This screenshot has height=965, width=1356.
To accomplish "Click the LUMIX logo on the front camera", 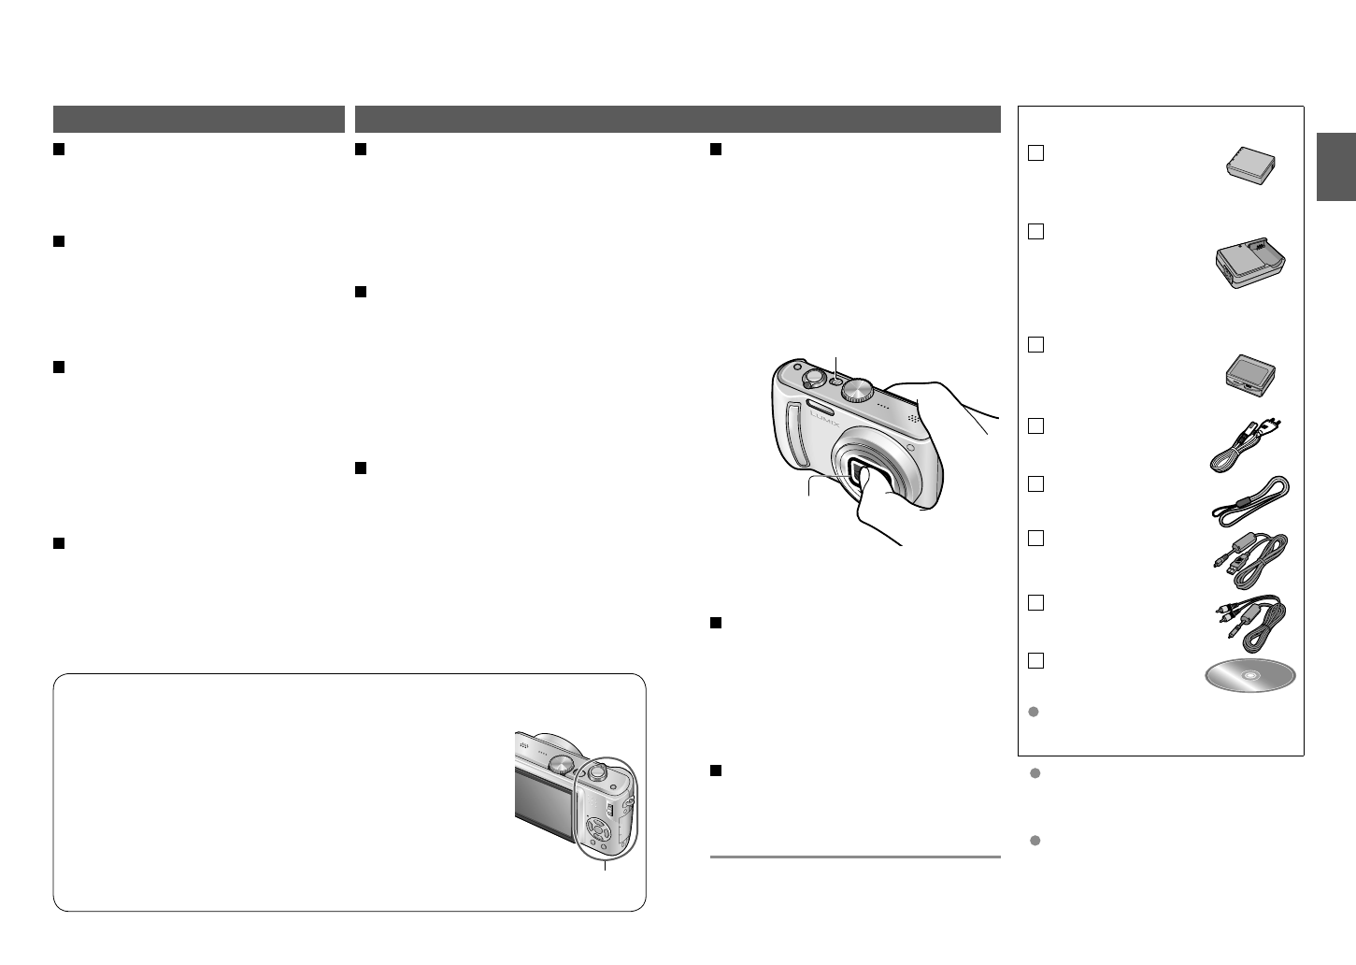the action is (825, 419).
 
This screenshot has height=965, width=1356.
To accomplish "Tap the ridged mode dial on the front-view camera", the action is (857, 390).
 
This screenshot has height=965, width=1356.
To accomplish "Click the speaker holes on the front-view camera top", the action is (913, 417).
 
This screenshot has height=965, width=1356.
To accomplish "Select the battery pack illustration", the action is (1250, 166).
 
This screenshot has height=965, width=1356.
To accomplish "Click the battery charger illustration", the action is (1250, 263).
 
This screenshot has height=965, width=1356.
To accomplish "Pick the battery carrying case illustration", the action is (1250, 376).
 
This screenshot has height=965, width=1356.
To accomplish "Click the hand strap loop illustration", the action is (1250, 501).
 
